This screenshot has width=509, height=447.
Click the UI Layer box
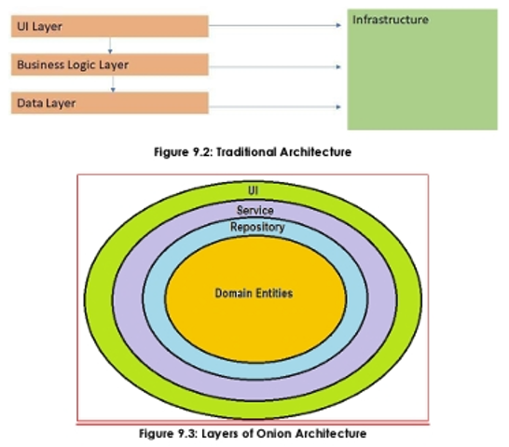(110, 26)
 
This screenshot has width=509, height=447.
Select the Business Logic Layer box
(110, 64)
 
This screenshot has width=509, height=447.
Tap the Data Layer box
(110, 103)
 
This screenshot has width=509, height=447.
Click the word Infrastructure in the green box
(391, 20)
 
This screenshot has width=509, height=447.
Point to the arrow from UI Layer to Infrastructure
(275, 25)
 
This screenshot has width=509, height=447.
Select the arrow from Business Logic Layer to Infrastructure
(275, 67)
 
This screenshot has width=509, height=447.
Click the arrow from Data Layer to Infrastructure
(275, 106)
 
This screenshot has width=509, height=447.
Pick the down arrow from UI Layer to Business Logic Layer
(110, 46)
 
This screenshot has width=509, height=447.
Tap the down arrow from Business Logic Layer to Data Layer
(113, 84)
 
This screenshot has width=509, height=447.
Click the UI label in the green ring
(254, 190)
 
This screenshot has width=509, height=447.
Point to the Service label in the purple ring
(255, 211)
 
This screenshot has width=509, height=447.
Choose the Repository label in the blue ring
(257, 227)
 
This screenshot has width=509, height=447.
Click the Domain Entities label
(254, 293)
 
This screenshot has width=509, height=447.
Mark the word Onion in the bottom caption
(275, 433)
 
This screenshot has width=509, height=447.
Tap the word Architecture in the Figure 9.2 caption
(316, 152)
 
